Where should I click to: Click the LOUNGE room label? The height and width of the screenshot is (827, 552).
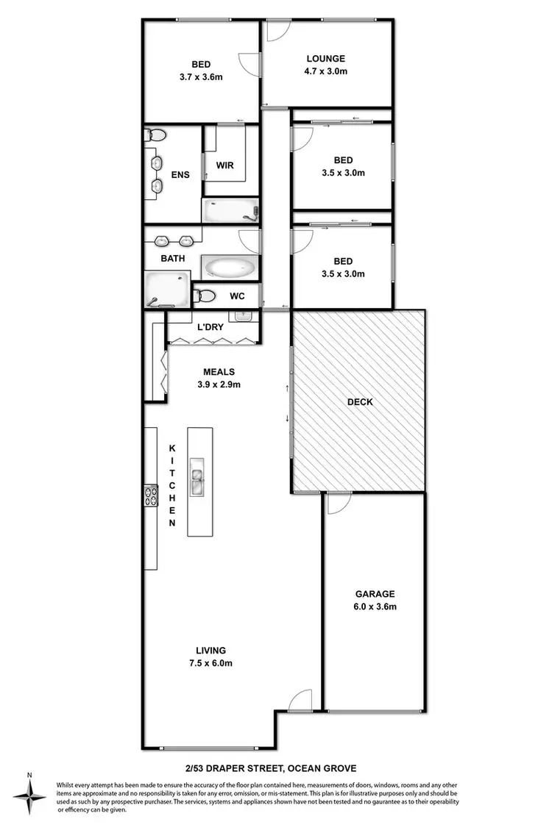[x=326, y=59]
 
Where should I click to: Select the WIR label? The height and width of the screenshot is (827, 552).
[x=224, y=165]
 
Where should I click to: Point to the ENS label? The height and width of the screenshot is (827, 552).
[x=180, y=175]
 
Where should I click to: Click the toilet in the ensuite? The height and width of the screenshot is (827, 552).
[x=157, y=135]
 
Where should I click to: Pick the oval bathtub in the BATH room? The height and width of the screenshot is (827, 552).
[x=230, y=267]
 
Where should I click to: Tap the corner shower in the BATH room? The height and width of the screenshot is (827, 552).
[x=166, y=289]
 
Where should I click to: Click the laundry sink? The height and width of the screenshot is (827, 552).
[x=244, y=316]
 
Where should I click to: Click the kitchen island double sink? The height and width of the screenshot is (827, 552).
[x=198, y=478]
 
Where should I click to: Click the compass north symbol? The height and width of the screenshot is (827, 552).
[x=29, y=795]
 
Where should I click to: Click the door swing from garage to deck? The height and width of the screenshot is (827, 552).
[x=338, y=504]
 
